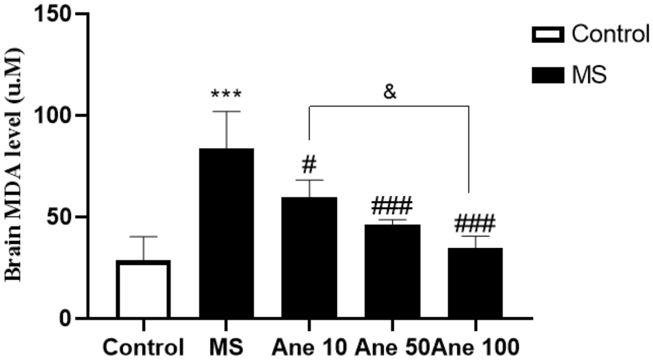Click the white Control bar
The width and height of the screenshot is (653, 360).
point(143,290)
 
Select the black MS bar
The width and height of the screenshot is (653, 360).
point(227,234)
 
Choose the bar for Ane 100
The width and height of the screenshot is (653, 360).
point(475,283)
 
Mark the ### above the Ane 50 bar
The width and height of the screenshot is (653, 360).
point(392,207)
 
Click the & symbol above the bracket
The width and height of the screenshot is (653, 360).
point(390,92)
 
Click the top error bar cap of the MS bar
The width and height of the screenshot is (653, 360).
point(227,111)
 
